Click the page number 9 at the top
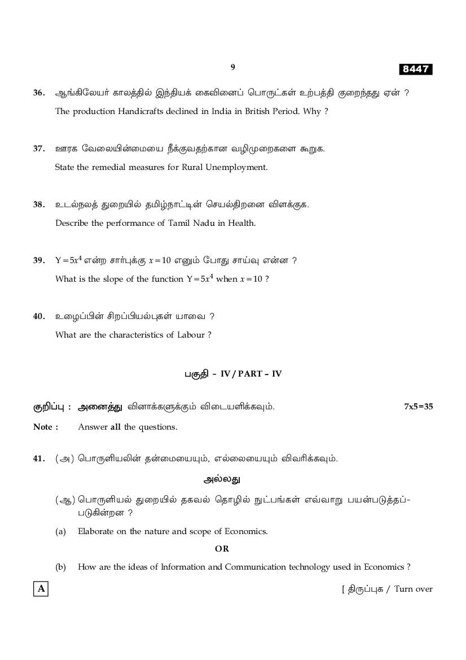232,67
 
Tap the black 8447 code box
416,69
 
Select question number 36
38,93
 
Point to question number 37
38,148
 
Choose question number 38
38,204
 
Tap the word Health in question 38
241,223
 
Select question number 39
38,260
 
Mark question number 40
38,316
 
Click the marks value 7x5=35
418,407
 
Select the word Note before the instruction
43,427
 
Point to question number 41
38,458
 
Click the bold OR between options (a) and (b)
222,548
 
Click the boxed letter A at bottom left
41,589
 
